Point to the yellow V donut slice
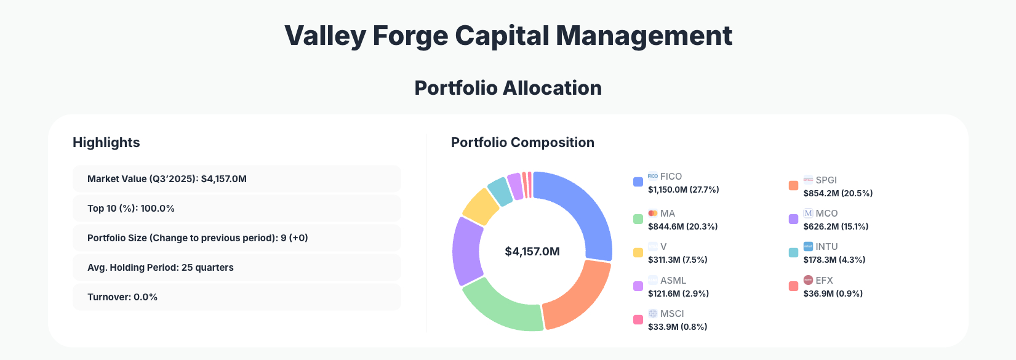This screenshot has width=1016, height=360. (480, 207)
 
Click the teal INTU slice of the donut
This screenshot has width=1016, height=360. (500, 191)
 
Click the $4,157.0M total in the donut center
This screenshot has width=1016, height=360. (532, 252)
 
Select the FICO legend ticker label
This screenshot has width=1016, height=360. (671, 177)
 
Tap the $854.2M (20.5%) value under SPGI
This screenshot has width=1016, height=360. (838, 193)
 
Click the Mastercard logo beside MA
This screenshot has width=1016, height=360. (653, 214)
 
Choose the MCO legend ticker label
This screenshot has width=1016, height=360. (826, 214)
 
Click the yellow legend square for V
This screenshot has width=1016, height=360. (638, 252)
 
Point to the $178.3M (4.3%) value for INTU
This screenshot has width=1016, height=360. (834, 260)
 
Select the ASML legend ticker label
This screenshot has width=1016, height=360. (673, 281)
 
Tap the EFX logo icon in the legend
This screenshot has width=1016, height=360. (809, 280)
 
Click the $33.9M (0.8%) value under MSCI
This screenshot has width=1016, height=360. (677, 327)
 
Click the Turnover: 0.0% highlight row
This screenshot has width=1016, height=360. (236, 297)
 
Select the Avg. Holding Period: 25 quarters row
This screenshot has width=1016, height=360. (236, 268)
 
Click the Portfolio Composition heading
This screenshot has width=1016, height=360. (522, 143)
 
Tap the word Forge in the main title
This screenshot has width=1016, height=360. (410, 36)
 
